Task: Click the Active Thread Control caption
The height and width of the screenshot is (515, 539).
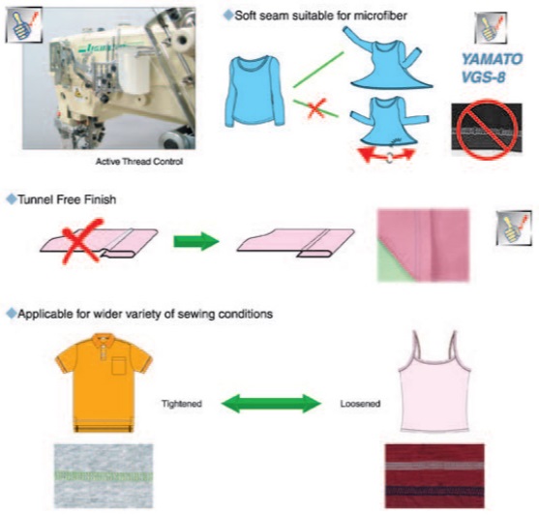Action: click(139, 162)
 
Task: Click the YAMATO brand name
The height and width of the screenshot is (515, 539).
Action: click(492, 59)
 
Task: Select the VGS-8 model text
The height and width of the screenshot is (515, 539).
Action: click(483, 77)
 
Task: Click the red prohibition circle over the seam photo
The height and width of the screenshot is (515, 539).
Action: click(487, 130)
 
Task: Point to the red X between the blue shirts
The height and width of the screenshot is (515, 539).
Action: click(316, 108)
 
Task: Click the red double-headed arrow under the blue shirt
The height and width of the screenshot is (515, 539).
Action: click(386, 155)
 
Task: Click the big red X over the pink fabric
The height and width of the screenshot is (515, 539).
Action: click(82, 241)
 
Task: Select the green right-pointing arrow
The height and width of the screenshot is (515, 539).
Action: click(196, 241)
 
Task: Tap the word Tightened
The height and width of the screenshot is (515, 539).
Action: click(182, 404)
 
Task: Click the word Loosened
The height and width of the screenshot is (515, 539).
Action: click(360, 404)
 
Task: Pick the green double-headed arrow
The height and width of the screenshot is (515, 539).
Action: click(271, 404)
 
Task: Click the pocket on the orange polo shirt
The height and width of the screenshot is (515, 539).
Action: click(119, 366)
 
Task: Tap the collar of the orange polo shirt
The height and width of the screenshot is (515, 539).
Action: click(104, 339)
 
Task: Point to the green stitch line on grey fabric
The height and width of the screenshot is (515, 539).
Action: click(104, 476)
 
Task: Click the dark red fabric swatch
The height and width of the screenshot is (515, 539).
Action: click(434, 476)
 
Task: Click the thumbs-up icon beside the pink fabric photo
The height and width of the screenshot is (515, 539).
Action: click(514, 228)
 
